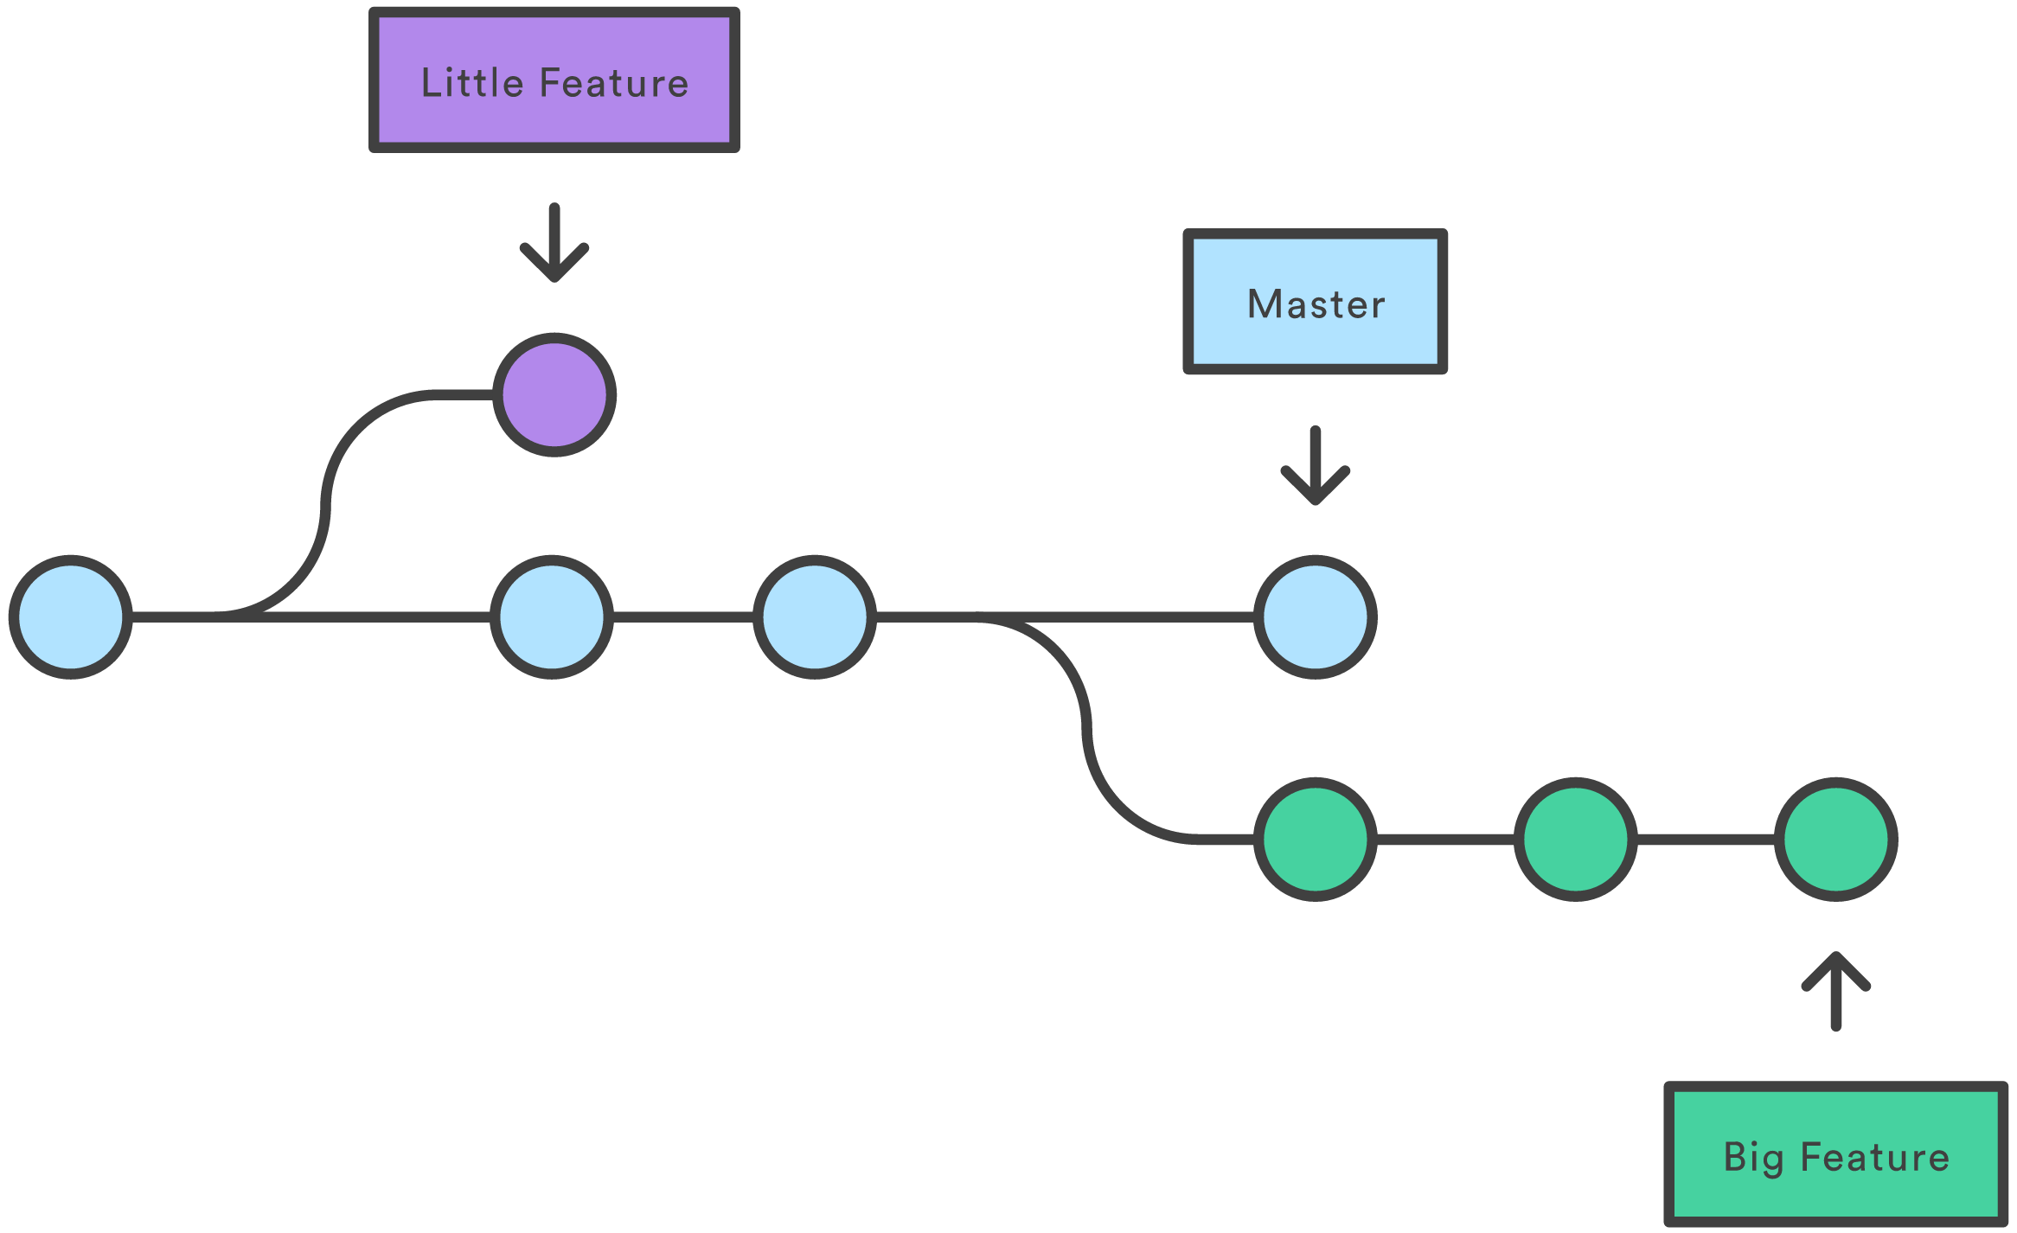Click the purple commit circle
[554, 394]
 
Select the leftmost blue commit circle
[71, 616]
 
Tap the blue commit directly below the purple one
[552, 616]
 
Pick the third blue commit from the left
[815, 616]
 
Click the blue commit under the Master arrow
[1315, 616]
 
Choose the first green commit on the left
[1315, 839]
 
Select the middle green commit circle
[1575, 839]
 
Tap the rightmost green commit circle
[1835, 839]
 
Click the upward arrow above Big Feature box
[1835, 991]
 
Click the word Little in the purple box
[472, 83]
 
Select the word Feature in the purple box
[614, 83]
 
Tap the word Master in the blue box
[1316, 304]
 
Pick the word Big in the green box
[1752, 1157]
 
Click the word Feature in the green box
[1874, 1157]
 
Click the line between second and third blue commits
[683, 616]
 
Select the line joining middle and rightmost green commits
[1706, 839]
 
